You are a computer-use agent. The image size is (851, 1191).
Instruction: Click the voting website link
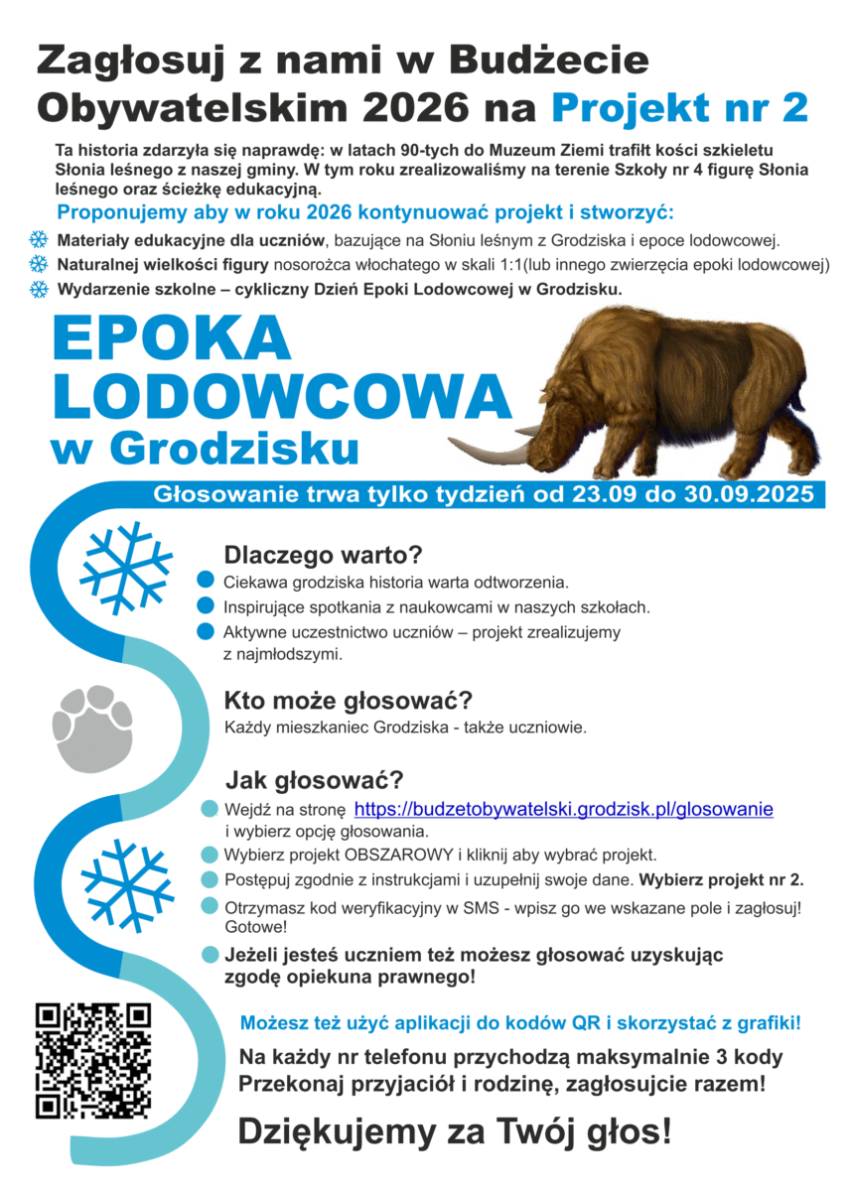tap(563, 809)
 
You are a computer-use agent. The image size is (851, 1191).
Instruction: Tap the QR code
tap(93, 1060)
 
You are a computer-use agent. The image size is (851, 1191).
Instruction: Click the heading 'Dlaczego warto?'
tap(323, 554)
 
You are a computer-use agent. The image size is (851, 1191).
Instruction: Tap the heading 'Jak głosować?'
tap(314, 779)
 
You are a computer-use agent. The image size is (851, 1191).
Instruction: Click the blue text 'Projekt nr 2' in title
tap(679, 106)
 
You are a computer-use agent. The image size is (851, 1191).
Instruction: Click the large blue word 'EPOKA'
tap(172, 340)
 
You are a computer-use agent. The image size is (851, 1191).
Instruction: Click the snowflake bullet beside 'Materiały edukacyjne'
tap(38, 240)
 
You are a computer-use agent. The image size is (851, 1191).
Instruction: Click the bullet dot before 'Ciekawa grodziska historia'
tap(207, 581)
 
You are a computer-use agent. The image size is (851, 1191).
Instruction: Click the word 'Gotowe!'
tap(256, 927)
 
